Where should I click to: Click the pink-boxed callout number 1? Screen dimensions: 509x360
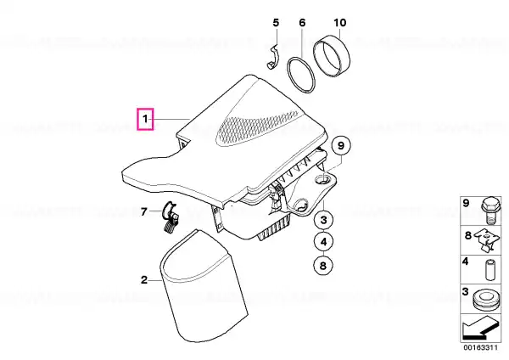coord(145,119)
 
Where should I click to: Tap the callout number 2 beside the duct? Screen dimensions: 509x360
coord(144,279)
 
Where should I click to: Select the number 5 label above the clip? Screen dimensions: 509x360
coord(276,23)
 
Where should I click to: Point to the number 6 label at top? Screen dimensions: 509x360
coord(302,23)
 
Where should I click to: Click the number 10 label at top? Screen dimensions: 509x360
coord(340,23)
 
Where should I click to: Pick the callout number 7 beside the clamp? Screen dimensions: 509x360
coord(144,212)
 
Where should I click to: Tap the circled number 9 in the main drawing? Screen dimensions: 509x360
coord(341,145)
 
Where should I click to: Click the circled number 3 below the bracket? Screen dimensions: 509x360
coord(324,220)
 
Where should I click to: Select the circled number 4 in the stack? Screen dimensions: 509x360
coord(324,242)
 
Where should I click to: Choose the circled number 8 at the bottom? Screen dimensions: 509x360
coord(323,266)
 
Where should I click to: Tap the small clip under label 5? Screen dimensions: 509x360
coord(272,59)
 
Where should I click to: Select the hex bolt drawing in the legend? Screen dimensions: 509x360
coord(490,210)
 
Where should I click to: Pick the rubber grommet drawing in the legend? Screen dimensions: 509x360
coord(484,301)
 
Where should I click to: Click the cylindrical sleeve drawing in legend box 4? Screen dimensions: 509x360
coord(489,269)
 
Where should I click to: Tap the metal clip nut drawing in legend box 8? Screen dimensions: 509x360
coord(488,239)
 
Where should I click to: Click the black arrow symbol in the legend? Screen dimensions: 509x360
coord(480,328)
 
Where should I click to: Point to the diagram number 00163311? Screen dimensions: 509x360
coord(480,347)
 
